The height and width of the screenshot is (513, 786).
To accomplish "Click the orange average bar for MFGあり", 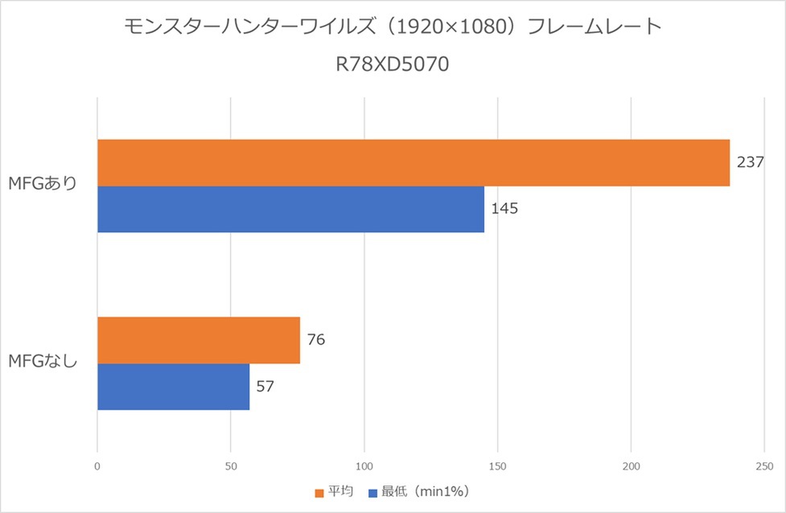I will click(414, 163).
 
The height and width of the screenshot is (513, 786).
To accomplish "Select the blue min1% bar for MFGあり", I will click(290, 209).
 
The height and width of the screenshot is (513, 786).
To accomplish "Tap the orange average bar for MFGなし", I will click(199, 340).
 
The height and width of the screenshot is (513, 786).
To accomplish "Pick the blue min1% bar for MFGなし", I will click(173, 387).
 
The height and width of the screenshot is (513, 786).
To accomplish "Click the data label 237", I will click(750, 162).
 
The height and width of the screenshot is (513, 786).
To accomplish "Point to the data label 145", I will click(504, 208).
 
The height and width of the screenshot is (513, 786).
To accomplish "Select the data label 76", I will click(315, 339).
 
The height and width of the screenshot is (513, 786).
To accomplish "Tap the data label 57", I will click(265, 386).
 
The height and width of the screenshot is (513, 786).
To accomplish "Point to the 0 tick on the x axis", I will click(97, 466).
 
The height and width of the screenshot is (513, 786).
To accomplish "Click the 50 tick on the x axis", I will click(231, 466).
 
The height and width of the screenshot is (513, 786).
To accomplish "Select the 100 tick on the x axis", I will click(364, 466).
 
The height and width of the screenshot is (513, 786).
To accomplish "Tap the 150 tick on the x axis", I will click(498, 466).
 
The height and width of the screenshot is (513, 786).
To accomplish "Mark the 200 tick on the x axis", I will click(632, 466).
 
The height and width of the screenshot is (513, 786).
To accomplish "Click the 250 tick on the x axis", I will click(764, 466).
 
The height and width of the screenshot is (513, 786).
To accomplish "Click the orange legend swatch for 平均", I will click(319, 491).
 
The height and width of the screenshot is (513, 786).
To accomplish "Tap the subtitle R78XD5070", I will click(393, 64).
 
